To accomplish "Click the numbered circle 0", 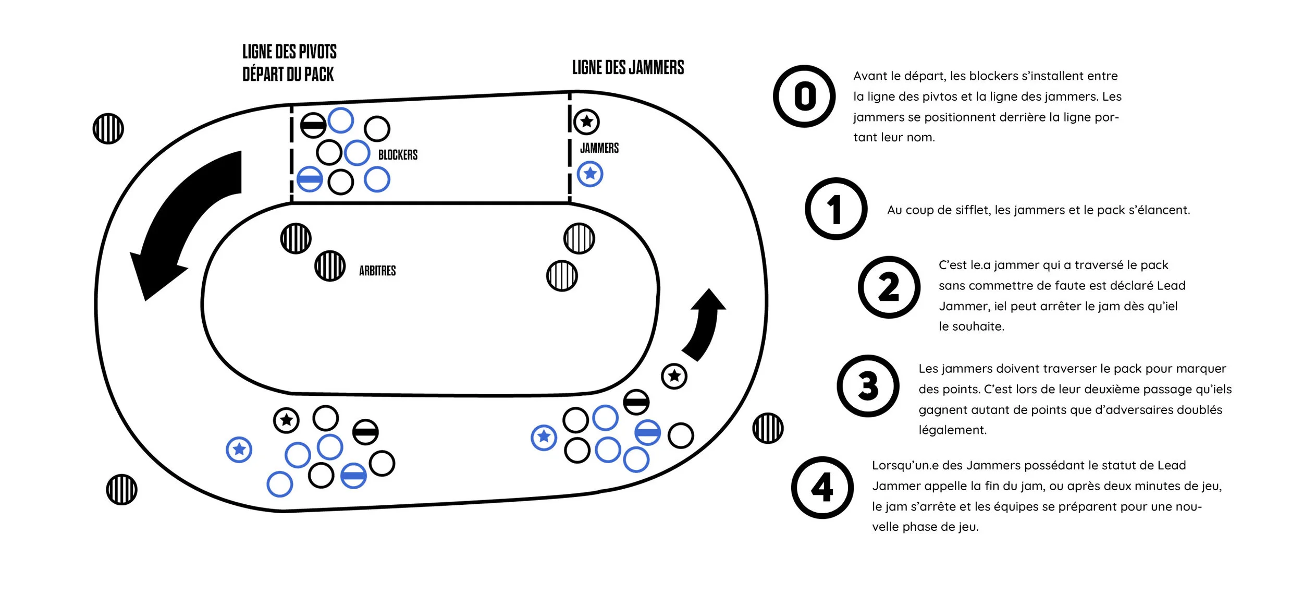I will [804, 96].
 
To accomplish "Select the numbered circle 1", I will [835, 209].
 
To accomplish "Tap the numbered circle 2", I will [889, 287].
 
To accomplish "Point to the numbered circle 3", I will [868, 386].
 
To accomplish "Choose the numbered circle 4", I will [822, 488].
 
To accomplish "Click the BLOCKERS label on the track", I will [398, 155].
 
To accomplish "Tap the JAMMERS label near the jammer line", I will [599, 148].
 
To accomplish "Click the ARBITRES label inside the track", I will [377, 271].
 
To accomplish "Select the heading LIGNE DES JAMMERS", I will [628, 67].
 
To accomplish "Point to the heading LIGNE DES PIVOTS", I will [289, 52].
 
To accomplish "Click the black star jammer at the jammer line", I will [587, 122].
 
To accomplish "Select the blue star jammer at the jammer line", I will [590, 174].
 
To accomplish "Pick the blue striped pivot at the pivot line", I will [310, 179].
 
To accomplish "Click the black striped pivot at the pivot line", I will [313, 125].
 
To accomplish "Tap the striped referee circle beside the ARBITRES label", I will [330, 266].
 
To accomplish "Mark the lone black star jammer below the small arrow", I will [674, 376].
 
